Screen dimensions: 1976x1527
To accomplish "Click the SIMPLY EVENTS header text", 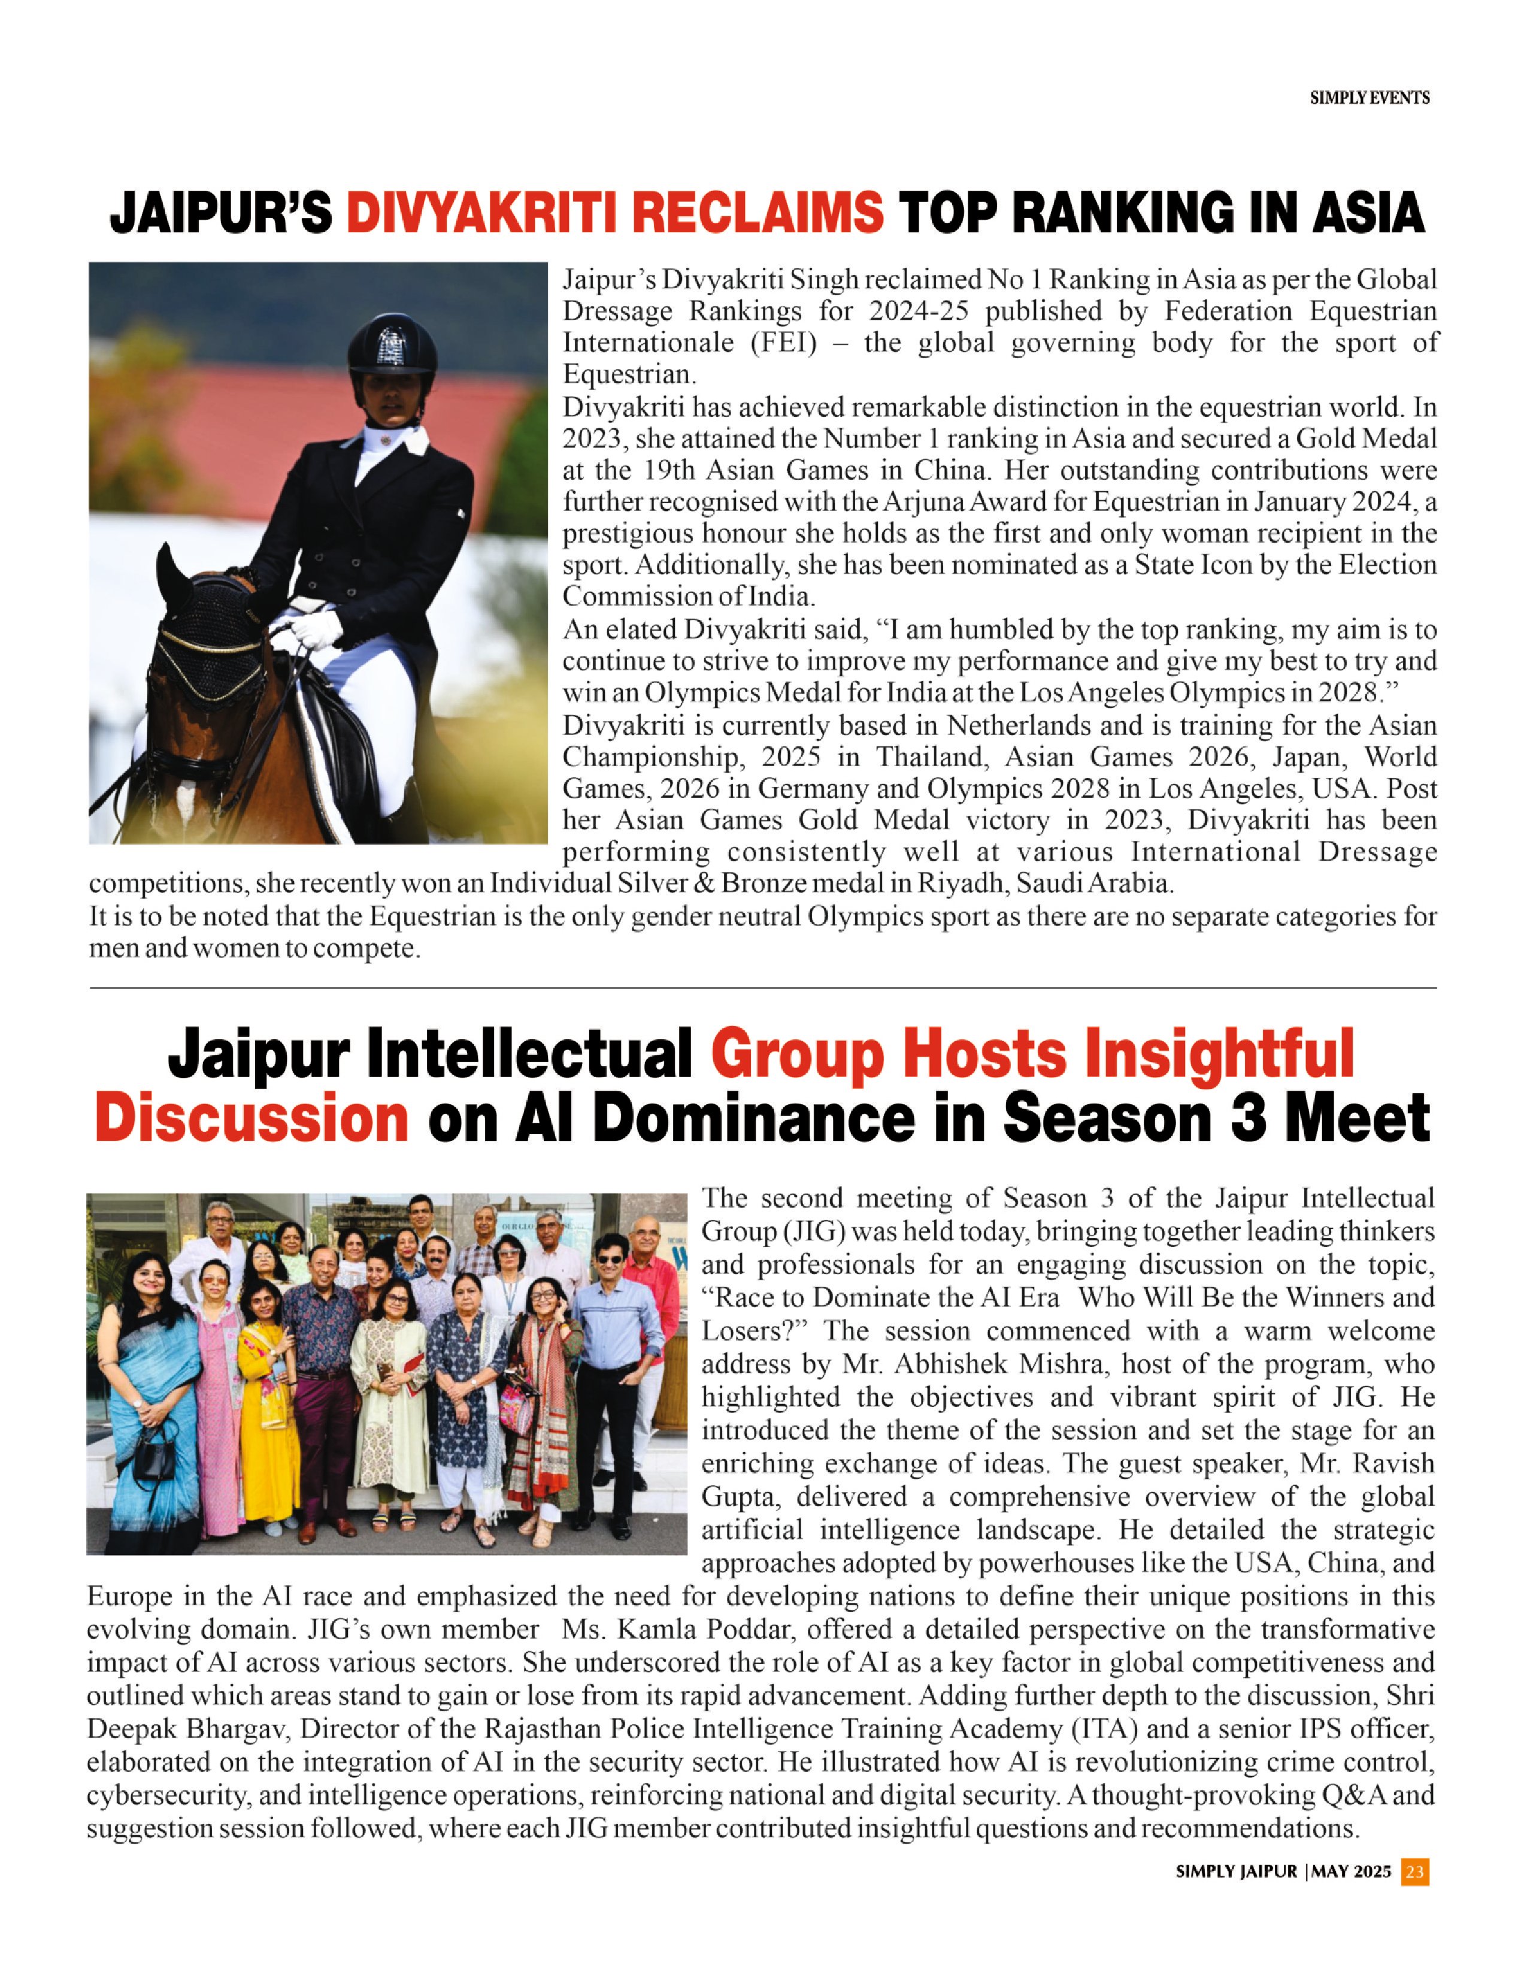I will pyautogui.click(x=1370, y=98).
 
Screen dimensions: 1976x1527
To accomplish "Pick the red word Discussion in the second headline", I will pyautogui.click(x=252, y=1118).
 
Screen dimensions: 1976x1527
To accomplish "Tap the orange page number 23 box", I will pyautogui.click(x=1414, y=1871).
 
